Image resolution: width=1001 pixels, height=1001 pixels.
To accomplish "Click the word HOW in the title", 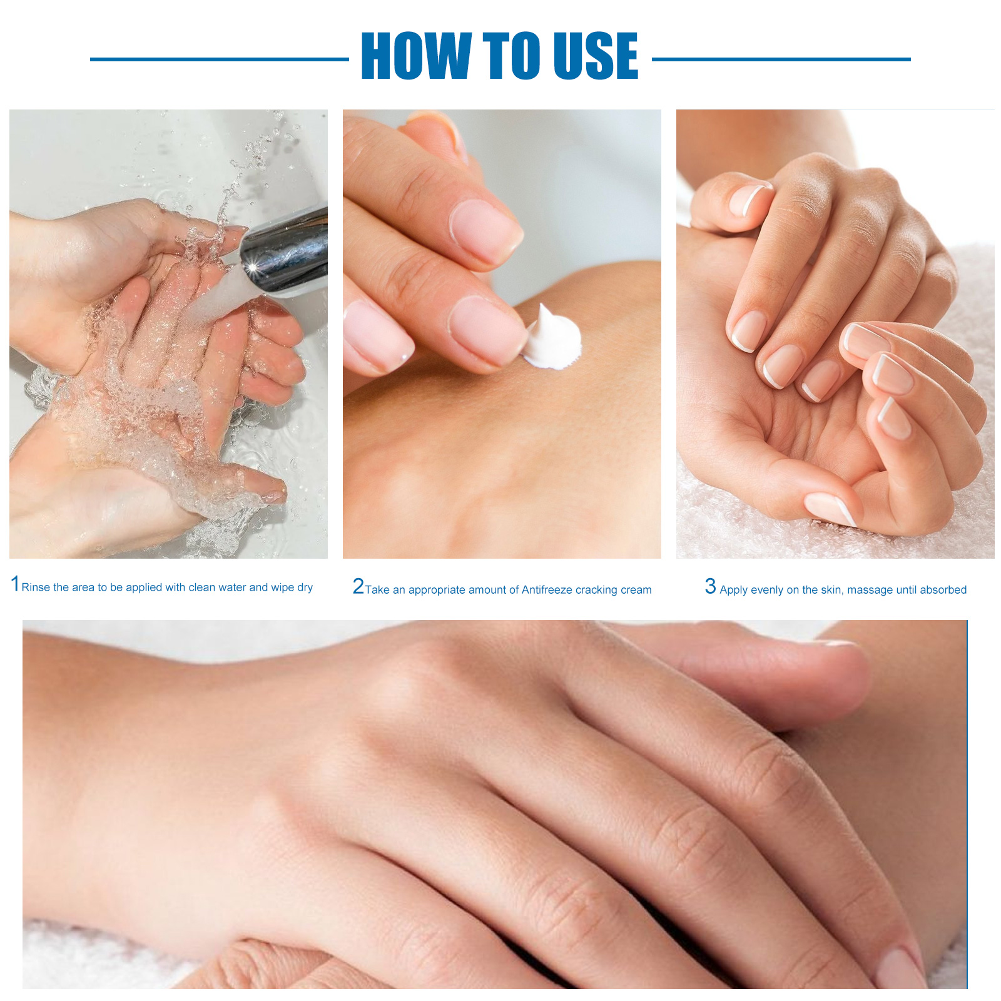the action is pos(416,56).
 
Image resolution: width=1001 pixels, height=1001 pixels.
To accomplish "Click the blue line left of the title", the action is pos(220,59).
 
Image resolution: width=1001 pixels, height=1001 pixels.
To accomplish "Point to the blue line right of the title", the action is pos(781,59).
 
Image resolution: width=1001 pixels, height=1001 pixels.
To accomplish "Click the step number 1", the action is pos(15,584).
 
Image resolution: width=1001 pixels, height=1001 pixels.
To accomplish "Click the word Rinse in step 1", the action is pos(36,587).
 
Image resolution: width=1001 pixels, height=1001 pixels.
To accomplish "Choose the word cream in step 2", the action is pos(636,590).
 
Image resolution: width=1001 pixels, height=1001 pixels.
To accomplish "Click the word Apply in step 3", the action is pos(733,591).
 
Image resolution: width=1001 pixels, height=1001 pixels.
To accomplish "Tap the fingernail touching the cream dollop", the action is pos(488,328).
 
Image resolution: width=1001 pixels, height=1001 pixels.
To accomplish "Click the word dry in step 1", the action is pos(305,588).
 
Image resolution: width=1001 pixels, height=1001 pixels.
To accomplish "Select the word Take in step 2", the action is pos(377,590).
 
